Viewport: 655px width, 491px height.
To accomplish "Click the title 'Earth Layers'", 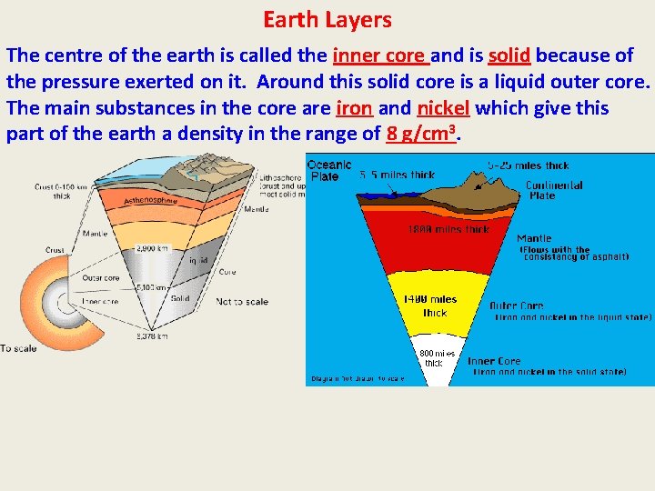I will tap(327, 19).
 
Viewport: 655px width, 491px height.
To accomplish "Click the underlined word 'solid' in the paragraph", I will tap(509, 55).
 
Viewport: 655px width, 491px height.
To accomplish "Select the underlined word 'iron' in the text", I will tap(354, 108).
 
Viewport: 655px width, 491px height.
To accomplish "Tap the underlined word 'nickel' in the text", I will tap(443, 108).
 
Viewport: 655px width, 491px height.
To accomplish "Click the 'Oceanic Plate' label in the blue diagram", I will tap(325, 170).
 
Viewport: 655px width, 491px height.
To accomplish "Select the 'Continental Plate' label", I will tap(554, 190).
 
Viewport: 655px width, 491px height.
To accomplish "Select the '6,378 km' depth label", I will tap(151, 336).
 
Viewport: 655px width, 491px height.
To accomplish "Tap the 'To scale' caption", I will tap(19, 348).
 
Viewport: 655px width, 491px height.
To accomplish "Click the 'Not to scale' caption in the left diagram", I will tap(242, 302).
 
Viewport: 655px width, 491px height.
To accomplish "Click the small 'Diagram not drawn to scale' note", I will tap(358, 378).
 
